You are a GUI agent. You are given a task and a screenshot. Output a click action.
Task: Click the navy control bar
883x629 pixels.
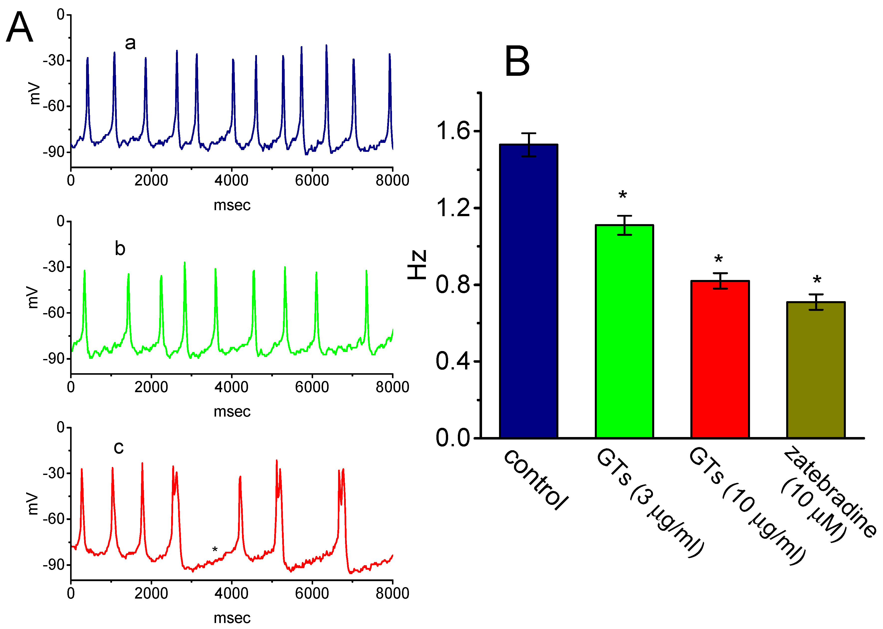(x=528, y=290)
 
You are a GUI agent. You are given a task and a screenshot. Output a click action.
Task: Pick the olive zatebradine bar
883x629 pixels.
(x=816, y=370)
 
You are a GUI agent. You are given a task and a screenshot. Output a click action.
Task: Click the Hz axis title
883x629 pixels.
(x=417, y=265)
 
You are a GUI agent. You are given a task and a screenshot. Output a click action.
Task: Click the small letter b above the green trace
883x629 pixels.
(x=120, y=248)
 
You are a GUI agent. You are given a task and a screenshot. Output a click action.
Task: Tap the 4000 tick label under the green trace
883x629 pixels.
(x=231, y=387)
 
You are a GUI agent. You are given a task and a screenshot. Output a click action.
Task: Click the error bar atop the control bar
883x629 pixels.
(x=528, y=144)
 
